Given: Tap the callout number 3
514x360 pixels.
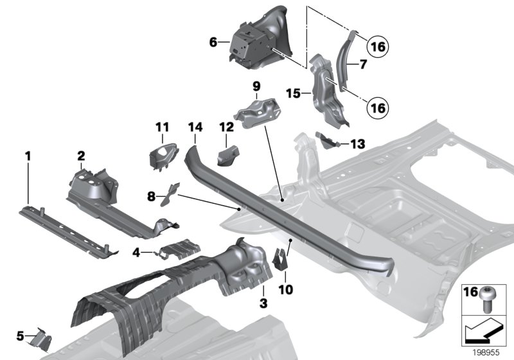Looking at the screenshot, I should coord(262,302).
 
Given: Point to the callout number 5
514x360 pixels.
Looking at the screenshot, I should coord(20,335).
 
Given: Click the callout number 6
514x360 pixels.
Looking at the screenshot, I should coord(213,43).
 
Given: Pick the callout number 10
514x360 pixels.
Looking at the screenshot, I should coord(285,290).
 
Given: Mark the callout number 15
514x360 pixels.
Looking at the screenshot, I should coord(294,94).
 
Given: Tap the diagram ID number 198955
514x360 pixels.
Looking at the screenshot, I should coord(486,353).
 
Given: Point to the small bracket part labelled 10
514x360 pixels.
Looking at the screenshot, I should coord(281,258).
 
